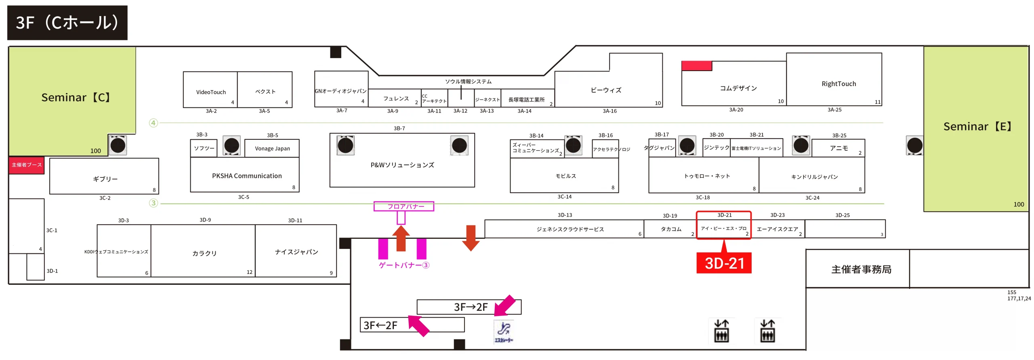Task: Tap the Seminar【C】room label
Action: pos(76,97)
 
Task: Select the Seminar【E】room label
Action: pos(977,126)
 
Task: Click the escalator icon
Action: pos(503,331)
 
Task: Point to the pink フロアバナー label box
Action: pos(404,206)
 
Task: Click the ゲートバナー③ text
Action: pos(404,265)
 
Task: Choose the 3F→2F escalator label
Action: pos(471,307)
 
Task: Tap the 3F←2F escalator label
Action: pos(380,325)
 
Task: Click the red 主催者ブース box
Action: pos(27,165)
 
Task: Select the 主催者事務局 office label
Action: pos(861,269)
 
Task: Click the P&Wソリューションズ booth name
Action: pos(402,165)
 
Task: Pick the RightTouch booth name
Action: pos(838,84)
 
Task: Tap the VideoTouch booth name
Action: pos(211,92)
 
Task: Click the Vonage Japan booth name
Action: pos(272,148)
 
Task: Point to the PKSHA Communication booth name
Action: pos(247,176)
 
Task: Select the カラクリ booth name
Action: pos(204,253)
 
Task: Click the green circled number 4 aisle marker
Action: pos(153,123)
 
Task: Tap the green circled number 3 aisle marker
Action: pos(153,203)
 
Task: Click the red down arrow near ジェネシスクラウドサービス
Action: pos(471,238)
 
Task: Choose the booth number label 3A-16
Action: pos(609,111)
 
